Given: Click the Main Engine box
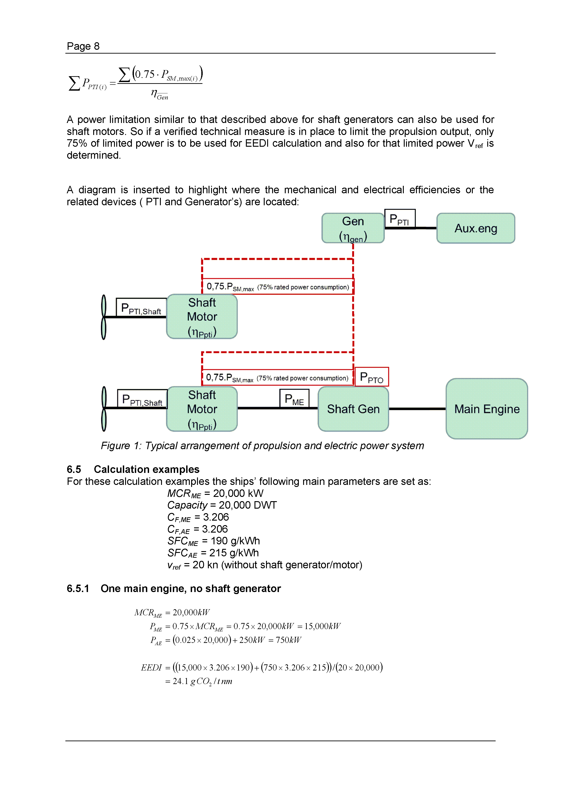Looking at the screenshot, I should pyautogui.click(x=486, y=408).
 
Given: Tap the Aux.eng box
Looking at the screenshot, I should pyautogui.click(x=476, y=228).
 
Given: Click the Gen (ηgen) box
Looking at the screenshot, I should pyautogui.click(x=353, y=228).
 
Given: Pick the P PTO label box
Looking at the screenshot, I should pyautogui.click(x=372, y=377).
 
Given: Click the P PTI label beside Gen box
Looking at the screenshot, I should pyautogui.click(x=399, y=219).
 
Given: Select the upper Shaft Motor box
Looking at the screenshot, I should pyautogui.click(x=202, y=316).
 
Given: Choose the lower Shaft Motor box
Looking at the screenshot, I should pyautogui.click(x=202, y=409).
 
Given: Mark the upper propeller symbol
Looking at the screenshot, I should pyautogui.click(x=103, y=317).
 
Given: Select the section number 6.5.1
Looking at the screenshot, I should pyautogui.click(x=78, y=588).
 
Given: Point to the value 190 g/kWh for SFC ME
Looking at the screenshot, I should pyautogui.click(x=235, y=541).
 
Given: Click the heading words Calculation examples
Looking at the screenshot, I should pyautogui.click(x=147, y=469).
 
